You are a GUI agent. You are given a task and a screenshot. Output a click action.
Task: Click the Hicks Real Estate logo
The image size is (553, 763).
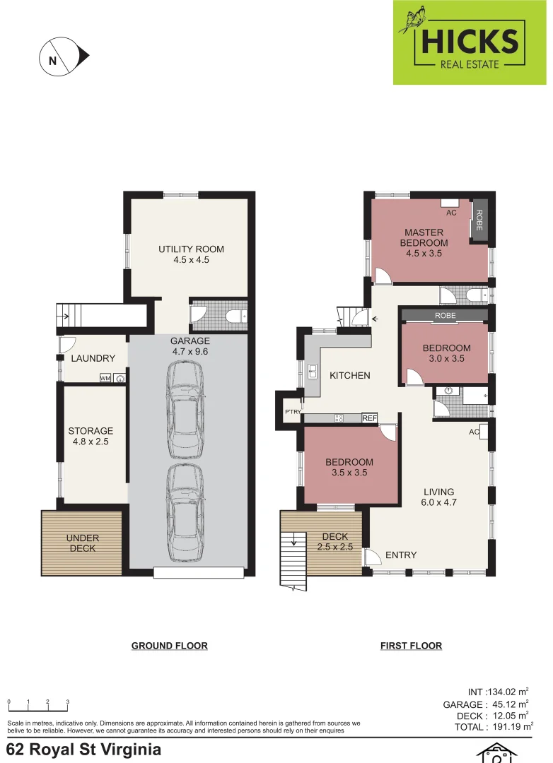click(x=469, y=42)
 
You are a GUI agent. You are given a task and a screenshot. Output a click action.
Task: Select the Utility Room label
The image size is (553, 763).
click(x=191, y=254)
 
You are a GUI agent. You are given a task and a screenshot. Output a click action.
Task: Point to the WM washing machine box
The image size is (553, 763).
click(x=105, y=378)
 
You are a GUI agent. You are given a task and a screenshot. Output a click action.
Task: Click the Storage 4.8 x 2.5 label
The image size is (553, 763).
click(x=91, y=436)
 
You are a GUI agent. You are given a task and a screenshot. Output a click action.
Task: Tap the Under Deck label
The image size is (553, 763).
click(x=83, y=543)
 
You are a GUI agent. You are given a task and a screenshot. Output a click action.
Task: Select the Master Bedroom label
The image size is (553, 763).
click(x=424, y=242)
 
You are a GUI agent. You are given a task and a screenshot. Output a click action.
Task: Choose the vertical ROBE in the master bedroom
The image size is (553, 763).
click(x=479, y=220)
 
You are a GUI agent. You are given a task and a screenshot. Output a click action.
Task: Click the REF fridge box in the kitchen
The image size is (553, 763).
click(x=369, y=418)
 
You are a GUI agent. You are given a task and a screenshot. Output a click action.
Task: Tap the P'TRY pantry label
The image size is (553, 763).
click(x=291, y=412)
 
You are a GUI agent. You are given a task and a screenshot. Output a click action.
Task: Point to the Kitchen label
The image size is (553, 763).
click(x=349, y=375)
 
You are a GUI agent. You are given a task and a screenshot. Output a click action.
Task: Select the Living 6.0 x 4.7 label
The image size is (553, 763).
click(x=438, y=497)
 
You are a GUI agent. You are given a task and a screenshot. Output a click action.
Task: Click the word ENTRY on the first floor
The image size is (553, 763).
click(x=401, y=555)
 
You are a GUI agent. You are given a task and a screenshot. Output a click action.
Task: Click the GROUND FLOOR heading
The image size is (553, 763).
click(x=169, y=646)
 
